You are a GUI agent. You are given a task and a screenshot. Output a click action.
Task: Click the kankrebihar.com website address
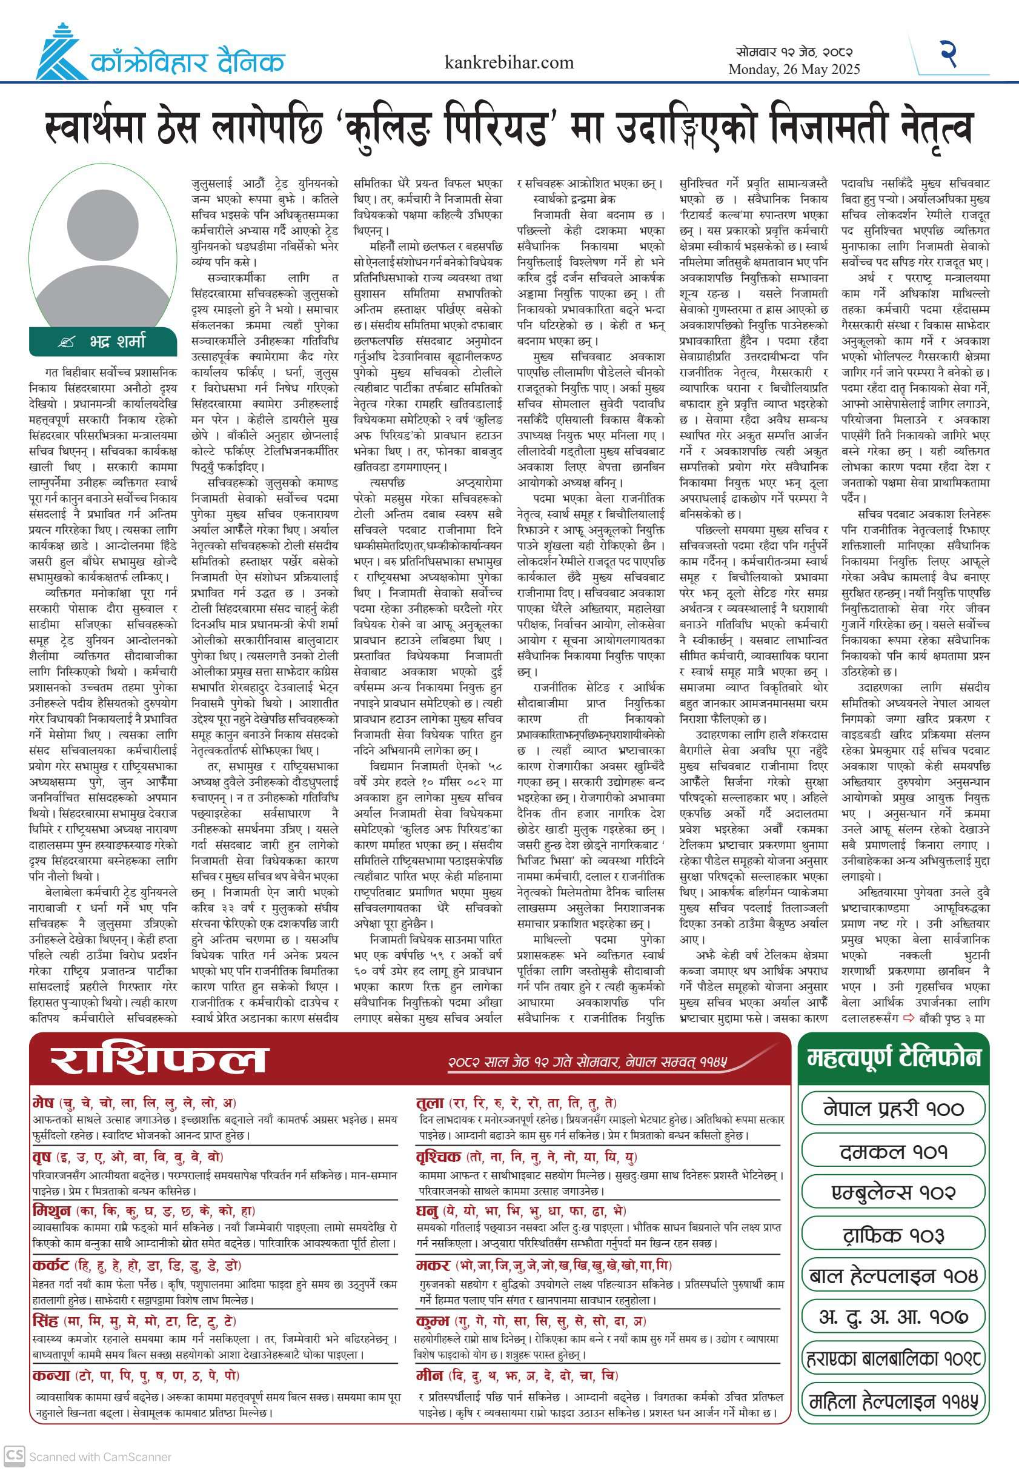pyautogui.click(x=509, y=62)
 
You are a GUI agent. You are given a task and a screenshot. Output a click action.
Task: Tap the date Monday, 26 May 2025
pyautogui.click(x=794, y=69)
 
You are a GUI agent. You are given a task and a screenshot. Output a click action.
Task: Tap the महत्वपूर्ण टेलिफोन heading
pyautogui.click(x=893, y=1058)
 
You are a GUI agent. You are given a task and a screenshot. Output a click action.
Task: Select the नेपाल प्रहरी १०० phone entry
pyautogui.click(x=893, y=1108)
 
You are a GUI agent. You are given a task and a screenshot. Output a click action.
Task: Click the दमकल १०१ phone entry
pyautogui.click(x=893, y=1151)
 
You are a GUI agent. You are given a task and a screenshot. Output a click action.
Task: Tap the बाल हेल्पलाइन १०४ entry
pyautogui.click(x=893, y=1276)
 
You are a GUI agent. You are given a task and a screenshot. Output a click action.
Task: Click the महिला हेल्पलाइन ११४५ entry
pyautogui.click(x=893, y=1402)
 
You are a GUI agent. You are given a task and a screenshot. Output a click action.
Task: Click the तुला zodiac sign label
pyautogui.click(x=430, y=1103)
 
